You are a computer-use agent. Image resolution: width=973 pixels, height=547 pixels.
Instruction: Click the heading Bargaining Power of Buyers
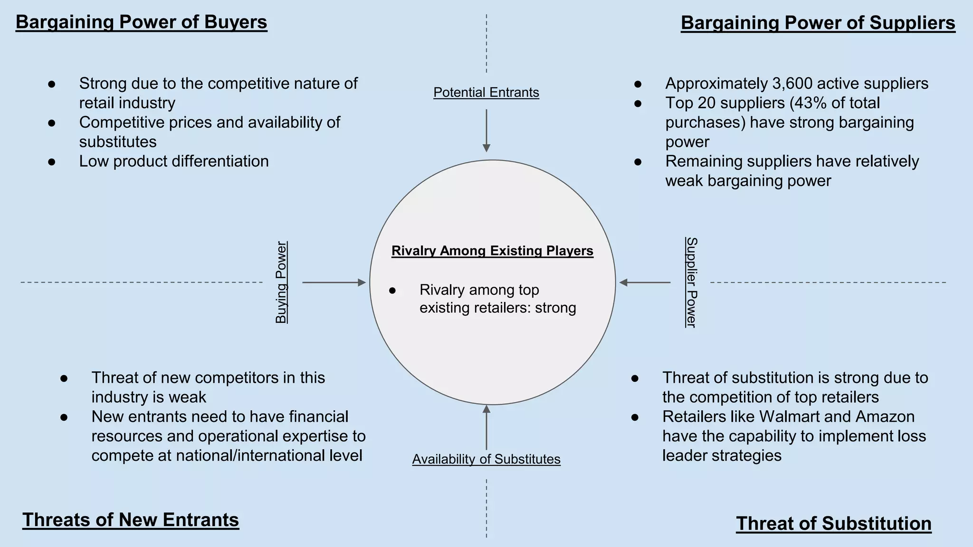coord(142,22)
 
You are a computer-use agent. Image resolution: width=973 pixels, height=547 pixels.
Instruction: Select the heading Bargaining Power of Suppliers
coord(818,23)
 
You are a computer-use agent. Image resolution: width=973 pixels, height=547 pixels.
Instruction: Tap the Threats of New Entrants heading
coord(131,520)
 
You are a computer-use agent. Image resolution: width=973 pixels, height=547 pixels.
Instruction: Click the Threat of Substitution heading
coord(834,523)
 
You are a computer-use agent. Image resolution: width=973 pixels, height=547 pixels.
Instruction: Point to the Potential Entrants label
coord(486,92)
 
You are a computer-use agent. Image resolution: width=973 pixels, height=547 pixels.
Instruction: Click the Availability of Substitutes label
coord(486,459)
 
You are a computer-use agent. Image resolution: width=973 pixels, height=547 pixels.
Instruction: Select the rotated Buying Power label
coord(281,283)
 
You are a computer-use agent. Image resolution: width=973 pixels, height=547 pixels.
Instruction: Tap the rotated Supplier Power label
coord(691,283)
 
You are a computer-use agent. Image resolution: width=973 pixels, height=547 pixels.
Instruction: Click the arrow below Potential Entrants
coord(486,131)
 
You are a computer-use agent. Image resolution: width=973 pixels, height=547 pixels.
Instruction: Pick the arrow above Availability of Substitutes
coord(486,427)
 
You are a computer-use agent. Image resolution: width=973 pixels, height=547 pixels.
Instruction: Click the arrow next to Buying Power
coord(334,283)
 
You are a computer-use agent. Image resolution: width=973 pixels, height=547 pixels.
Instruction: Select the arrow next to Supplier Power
coord(645,283)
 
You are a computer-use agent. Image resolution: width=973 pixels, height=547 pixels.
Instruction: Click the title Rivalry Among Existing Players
coord(492,251)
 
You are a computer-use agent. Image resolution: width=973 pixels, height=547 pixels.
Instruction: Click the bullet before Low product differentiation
coord(52,162)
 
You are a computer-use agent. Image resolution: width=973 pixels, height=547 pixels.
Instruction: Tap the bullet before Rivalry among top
coord(392,290)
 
